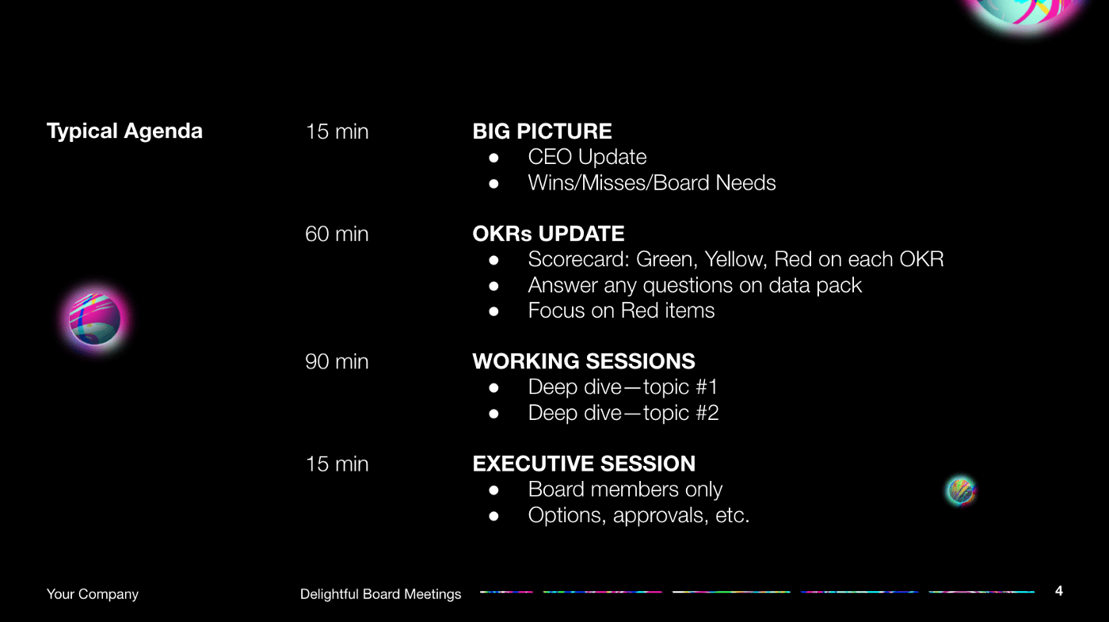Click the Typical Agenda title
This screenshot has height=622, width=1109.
pyautogui.click(x=124, y=132)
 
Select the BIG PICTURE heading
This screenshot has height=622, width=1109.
pyautogui.click(x=542, y=132)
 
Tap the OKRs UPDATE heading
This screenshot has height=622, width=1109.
pyautogui.click(x=548, y=234)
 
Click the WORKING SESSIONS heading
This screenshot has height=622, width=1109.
pyautogui.click(x=584, y=361)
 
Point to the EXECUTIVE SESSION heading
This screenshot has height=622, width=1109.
pyautogui.click(x=584, y=464)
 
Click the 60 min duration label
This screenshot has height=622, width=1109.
pyautogui.click(x=337, y=234)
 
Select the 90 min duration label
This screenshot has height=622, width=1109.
pyautogui.click(x=337, y=361)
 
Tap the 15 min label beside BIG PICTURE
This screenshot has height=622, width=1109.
pyautogui.click(x=337, y=132)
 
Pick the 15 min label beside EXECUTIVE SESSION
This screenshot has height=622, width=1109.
pyautogui.click(x=337, y=464)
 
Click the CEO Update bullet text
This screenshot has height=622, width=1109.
pyautogui.click(x=587, y=158)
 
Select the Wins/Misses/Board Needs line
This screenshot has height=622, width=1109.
pyautogui.click(x=651, y=183)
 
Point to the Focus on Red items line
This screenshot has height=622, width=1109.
pyautogui.click(x=621, y=311)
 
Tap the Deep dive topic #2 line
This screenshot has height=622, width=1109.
pyautogui.click(x=623, y=413)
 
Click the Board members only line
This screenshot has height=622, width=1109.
pyautogui.click(x=625, y=490)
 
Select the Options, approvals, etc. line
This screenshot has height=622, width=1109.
pyautogui.click(x=638, y=516)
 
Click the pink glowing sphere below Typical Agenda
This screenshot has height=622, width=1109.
pyautogui.click(x=94, y=319)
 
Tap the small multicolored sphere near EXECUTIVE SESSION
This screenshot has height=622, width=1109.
pyautogui.click(x=961, y=490)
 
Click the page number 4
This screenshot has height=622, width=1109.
pyautogui.click(x=1059, y=591)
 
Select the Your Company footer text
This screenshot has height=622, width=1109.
pyautogui.click(x=93, y=593)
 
